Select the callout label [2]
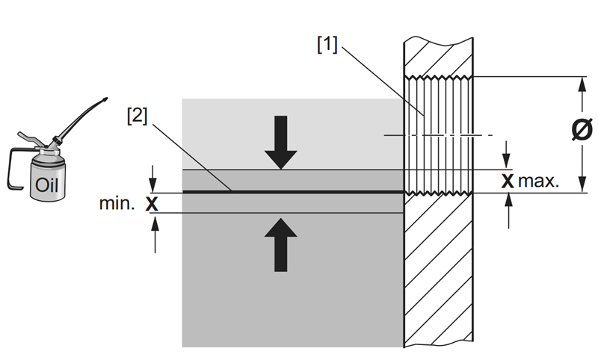click(138, 117)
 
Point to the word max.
click(540, 180)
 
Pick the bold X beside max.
click(508, 180)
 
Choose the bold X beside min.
click(153, 202)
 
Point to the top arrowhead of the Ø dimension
click(582, 83)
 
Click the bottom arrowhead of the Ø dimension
click(582, 187)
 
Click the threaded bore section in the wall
click(438, 134)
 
